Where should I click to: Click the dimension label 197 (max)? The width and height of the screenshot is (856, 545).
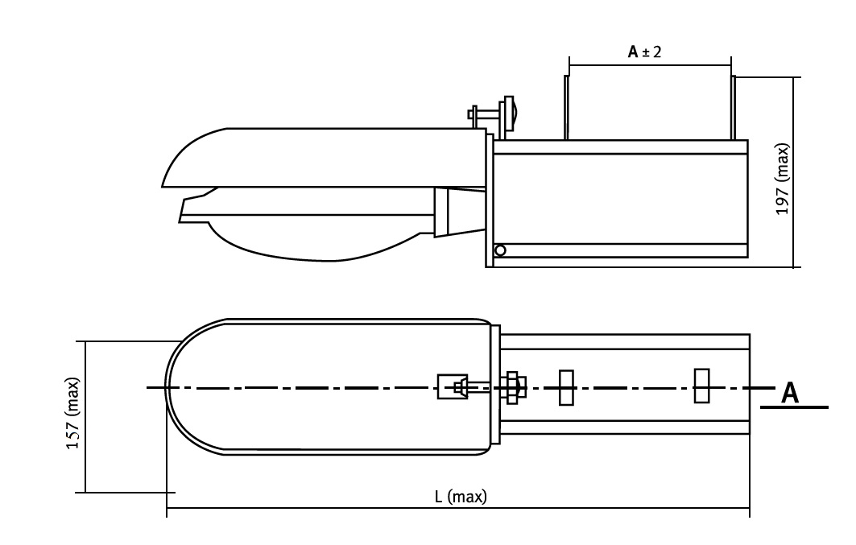coord(782,180)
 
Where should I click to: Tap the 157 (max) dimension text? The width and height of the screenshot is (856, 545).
coord(73,414)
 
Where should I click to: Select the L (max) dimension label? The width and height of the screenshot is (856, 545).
coord(461,497)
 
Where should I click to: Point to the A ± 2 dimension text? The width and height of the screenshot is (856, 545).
coord(645,52)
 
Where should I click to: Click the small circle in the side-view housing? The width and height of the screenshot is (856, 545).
coord(500,250)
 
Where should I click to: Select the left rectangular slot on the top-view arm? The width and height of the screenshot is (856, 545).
coord(566,387)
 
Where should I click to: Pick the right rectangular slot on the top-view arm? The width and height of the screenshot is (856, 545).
coord(702,386)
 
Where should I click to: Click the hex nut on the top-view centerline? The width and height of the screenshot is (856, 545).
coord(512,387)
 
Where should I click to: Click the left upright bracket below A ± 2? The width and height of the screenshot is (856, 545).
coord(566,107)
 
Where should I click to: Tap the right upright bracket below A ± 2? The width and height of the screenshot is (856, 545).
coord(734,107)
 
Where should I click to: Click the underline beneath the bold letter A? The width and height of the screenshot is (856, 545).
coord(794,407)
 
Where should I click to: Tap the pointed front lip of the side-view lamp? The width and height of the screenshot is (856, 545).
coord(185,210)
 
